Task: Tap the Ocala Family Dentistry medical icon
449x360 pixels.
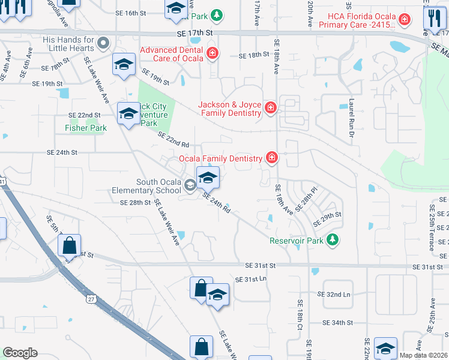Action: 271,158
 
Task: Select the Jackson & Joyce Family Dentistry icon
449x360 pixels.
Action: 271,109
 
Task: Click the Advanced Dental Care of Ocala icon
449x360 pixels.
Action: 212,55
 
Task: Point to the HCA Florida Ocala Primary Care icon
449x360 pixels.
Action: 405,20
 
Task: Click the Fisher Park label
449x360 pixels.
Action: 86,128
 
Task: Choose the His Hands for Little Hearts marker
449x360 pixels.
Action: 103,43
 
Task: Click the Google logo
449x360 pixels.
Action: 20,353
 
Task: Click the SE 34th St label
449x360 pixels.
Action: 337,323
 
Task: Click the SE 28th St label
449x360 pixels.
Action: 134,203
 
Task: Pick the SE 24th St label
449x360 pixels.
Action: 62,152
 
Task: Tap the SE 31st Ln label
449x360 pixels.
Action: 250,280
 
